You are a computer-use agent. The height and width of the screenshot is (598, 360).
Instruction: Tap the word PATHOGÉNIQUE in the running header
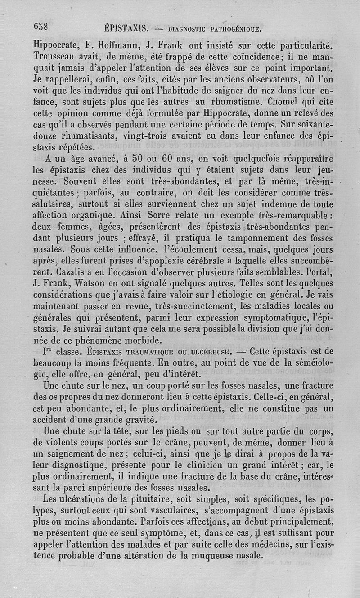(x=234, y=30)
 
